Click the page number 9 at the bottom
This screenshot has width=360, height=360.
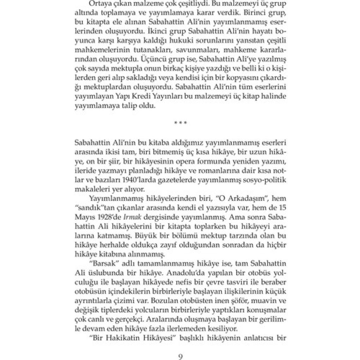point(180,357)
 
